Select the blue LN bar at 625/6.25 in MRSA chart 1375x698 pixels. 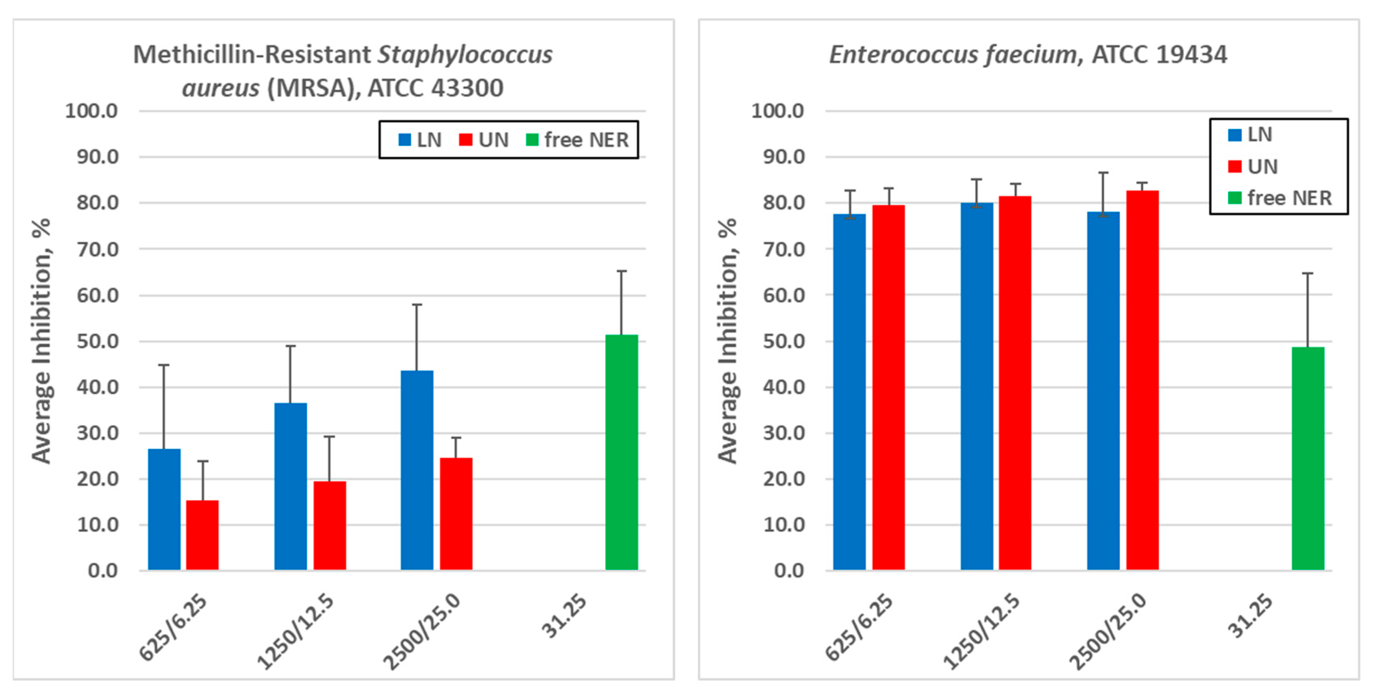164,509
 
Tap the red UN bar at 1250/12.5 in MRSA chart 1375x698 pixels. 330,526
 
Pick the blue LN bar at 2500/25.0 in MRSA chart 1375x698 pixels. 417,470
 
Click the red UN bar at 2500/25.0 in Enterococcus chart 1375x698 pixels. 1142,380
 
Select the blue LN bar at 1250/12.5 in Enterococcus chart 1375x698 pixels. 976,386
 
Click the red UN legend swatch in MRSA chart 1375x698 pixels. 466,140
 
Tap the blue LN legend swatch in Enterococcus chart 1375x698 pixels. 1235,135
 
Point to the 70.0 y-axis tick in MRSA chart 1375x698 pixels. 97,249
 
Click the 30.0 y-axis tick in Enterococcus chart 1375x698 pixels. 783,433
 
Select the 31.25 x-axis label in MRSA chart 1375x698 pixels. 563,616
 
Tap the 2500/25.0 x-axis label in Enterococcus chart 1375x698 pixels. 1108,632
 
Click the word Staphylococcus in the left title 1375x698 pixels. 465,54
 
